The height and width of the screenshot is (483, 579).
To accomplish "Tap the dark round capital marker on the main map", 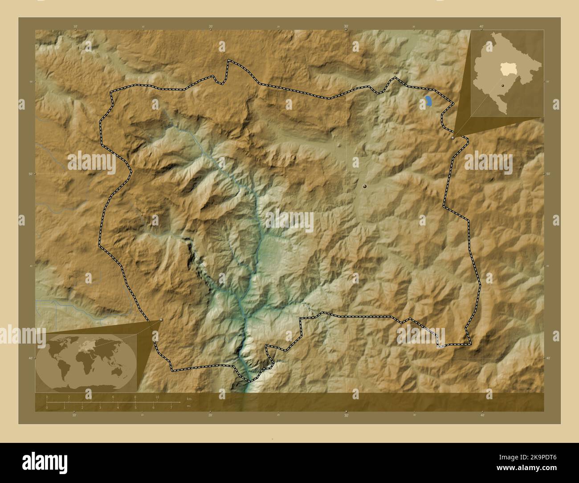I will (x=365, y=187).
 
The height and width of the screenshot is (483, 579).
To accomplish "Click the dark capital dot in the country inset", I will (x=502, y=85).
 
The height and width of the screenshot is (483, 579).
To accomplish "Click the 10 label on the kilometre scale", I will (x=157, y=397).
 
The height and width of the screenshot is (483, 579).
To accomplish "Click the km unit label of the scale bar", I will (x=189, y=397).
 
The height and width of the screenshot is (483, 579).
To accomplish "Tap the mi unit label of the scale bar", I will (x=188, y=406).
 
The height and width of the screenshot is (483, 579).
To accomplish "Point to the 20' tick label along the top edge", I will (x=211, y=27).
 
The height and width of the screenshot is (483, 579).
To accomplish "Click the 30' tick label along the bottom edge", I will (x=346, y=415).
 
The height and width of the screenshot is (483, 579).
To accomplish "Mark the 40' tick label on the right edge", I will (x=548, y=358).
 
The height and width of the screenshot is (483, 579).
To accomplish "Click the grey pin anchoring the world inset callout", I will (x=161, y=320).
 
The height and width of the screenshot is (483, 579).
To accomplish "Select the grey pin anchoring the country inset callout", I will (x=453, y=138).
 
